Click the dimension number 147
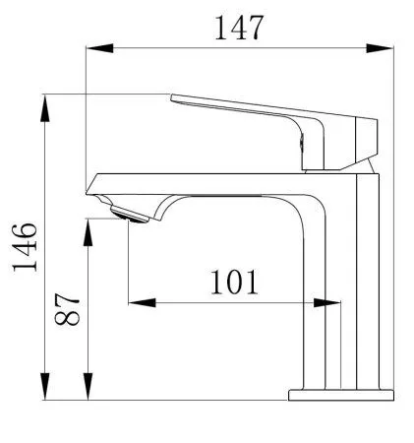click(x=239, y=28)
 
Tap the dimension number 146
click(x=25, y=247)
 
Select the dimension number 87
click(x=67, y=309)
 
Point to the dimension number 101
click(x=234, y=282)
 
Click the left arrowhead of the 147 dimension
click(x=99, y=48)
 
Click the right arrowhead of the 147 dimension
click(x=380, y=48)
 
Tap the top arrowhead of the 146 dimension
click(x=45, y=108)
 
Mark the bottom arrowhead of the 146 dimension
click(x=45, y=386)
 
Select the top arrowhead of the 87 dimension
click(x=88, y=232)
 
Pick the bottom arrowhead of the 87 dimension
click(x=88, y=386)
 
